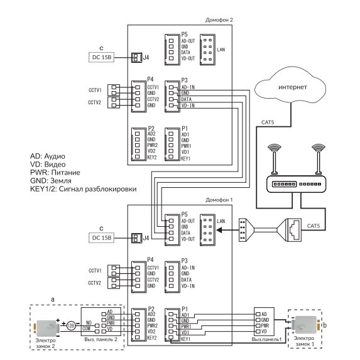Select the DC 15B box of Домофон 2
click(x=102, y=57)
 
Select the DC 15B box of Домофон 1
click(x=102, y=238)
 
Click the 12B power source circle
click(x=71, y=325)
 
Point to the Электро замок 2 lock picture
click(x=47, y=327)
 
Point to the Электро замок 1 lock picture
click(x=305, y=324)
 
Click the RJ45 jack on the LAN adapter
click(x=295, y=229)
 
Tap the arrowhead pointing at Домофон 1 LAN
click(x=219, y=230)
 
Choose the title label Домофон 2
click(x=219, y=20)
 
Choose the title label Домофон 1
click(x=219, y=200)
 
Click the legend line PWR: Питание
click(x=55, y=172)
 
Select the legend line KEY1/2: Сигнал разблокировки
click(x=84, y=189)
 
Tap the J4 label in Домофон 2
click(x=146, y=57)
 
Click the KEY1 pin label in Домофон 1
click(x=185, y=339)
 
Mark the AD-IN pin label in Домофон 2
click(x=188, y=87)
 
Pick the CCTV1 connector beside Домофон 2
click(x=114, y=90)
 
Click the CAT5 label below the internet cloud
click(x=268, y=123)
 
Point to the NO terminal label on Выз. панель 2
click(x=89, y=323)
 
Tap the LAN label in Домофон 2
click(x=221, y=50)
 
